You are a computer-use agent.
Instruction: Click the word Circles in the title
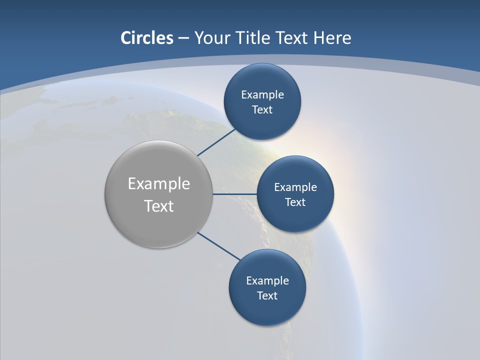click(147, 38)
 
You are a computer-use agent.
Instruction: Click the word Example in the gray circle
click(159, 184)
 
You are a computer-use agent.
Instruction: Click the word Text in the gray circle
click(159, 206)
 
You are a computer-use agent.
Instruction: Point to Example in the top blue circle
click(262, 94)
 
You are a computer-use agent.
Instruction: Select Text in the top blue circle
click(262, 109)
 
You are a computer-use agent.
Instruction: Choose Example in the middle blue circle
click(295, 187)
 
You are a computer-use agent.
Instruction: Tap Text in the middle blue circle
click(295, 202)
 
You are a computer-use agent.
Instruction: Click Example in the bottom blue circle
click(267, 280)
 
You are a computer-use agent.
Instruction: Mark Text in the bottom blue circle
click(267, 295)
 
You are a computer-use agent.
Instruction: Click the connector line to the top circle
click(217, 142)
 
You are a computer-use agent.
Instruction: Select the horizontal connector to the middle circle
click(235, 194)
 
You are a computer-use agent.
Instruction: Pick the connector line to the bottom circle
click(219, 246)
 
